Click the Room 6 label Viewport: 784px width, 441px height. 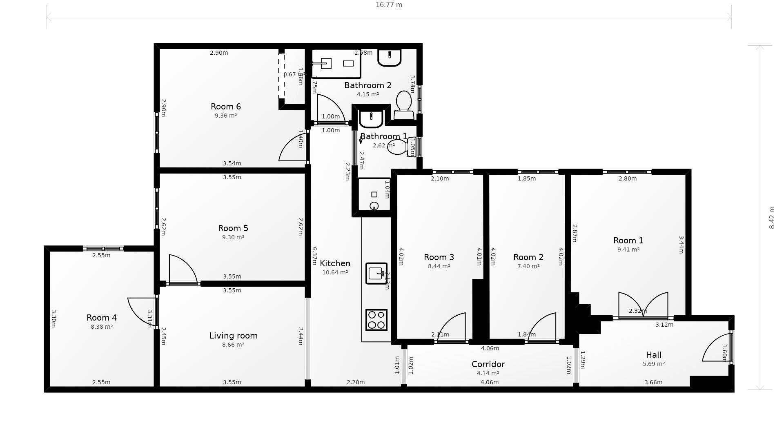pyautogui.click(x=226, y=107)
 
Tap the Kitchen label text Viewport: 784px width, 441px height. pyautogui.click(x=335, y=263)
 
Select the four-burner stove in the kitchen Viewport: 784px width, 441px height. pyautogui.click(x=376, y=320)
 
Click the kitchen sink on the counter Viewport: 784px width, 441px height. pyautogui.click(x=376, y=273)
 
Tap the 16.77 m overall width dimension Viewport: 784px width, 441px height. pyautogui.click(x=389, y=5)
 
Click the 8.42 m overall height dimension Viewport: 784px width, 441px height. pyautogui.click(x=771, y=218)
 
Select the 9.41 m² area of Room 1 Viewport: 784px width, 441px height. pyautogui.click(x=628, y=249)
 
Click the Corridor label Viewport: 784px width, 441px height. pyautogui.click(x=488, y=364)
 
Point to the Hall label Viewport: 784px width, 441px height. pyautogui.click(x=654, y=355)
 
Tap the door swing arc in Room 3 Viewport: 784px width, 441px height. pyautogui.click(x=452, y=327)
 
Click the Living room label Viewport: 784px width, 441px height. pyautogui.click(x=234, y=336)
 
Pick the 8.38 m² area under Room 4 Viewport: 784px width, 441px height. pyautogui.click(x=102, y=327)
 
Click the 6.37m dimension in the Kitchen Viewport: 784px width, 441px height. pyautogui.click(x=314, y=256)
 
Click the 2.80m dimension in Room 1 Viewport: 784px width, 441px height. pyautogui.click(x=628, y=178)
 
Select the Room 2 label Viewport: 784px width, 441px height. pyautogui.click(x=528, y=257)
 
